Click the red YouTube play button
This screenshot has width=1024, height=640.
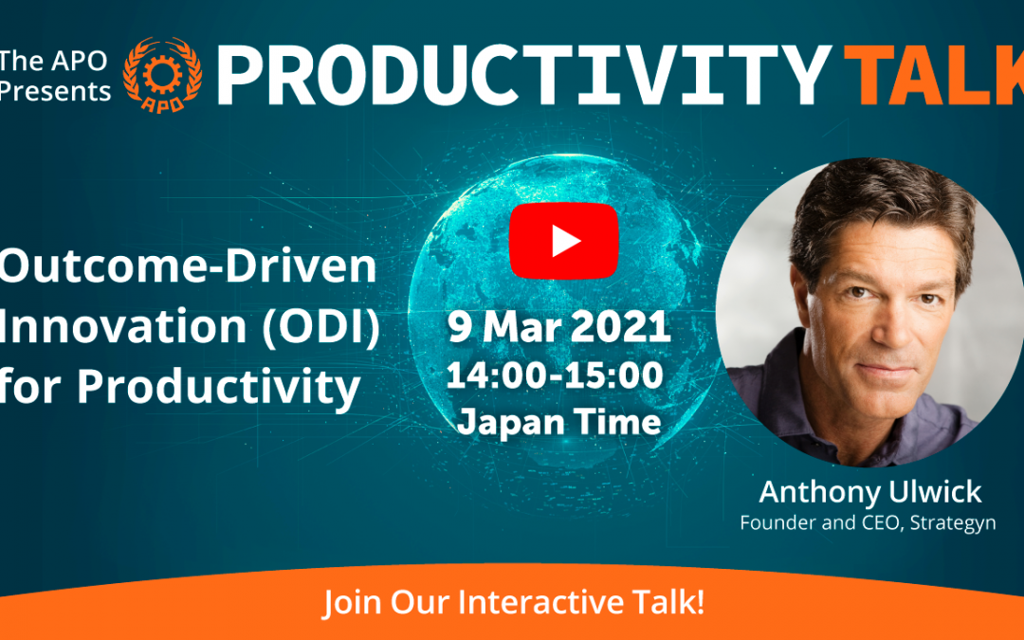[x=563, y=241]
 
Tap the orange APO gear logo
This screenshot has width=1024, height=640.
[x=162, y=75]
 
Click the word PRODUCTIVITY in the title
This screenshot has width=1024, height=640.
[x=523, y=76]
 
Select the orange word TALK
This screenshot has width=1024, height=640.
[x=934, y=76]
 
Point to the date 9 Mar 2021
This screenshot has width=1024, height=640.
[x=559, y=326]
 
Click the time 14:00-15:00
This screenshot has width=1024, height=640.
[x=555, y=375]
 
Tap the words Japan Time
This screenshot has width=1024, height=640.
[x=559, y=421]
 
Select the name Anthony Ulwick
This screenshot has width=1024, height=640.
[x=869, y=492]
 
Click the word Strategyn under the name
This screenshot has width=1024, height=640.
[x=953, y=523]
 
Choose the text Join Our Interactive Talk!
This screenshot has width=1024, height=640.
[x=514, y=602]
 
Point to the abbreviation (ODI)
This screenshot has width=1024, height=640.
[x=320, y=326]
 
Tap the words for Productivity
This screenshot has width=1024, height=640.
[x=180, y=388]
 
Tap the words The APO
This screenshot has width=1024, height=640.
[x=53, y=61]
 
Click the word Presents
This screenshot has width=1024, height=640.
[x=55, y=91]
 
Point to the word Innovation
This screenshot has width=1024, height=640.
[x=122, y=326]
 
